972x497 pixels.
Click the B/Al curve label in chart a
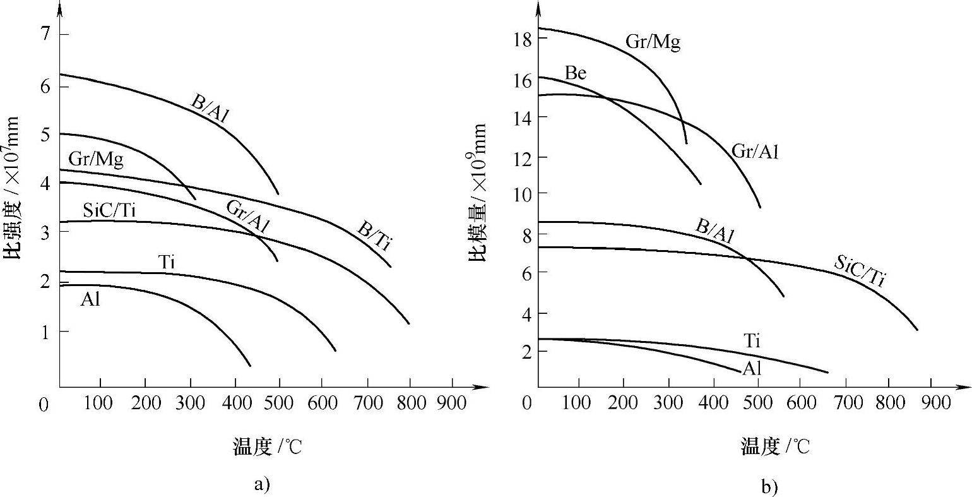point(210,109)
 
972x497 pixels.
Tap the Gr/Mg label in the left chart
point(96,160)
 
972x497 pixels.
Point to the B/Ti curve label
point(374,237)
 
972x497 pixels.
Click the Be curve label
point(575,73)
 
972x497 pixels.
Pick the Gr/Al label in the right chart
point(755,151)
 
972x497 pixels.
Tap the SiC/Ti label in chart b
point(860,271)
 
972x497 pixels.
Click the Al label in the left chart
point(90,300)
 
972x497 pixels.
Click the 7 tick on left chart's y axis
point(45,34)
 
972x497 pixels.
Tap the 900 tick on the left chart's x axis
point(452,402)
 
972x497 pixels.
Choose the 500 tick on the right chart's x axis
point(757,402)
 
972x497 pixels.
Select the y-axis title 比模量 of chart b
point(478,193)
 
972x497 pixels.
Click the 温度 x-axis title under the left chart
point(268,447)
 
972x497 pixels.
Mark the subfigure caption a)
point(262,484)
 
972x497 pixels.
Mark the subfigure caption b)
point(769,487)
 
